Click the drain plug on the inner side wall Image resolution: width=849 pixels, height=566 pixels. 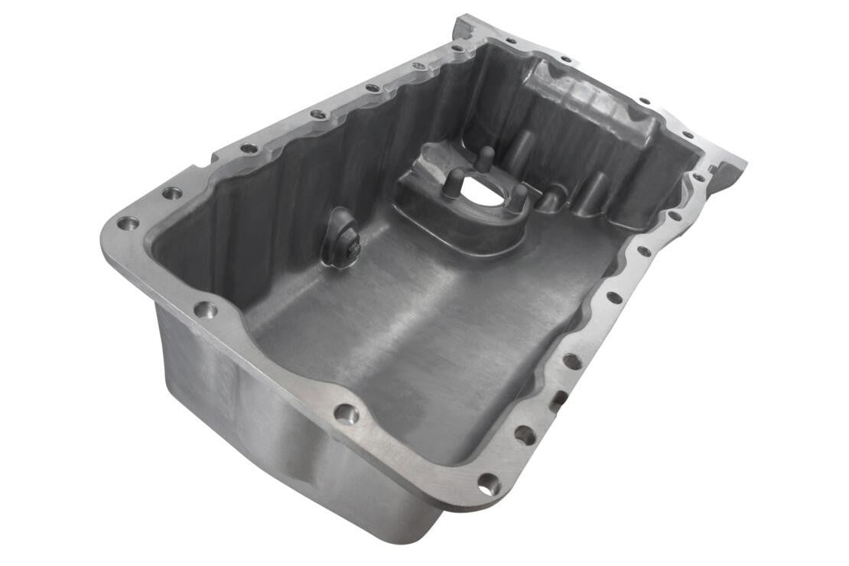click(x=342, y=239)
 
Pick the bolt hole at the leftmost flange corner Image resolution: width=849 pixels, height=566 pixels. click(x=128, y=224)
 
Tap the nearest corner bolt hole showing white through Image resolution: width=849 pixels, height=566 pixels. click(x=488, y=483)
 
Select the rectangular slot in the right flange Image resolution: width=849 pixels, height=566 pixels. click(x=558, y=398)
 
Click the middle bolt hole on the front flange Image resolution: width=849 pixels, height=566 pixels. click(x=346, y=414)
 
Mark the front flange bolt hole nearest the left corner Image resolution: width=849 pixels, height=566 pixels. click(x=205, y=310)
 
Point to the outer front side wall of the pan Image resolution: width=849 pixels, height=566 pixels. click(x=252, y=428)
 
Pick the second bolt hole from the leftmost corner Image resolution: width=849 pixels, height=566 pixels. click(x=172, y=193)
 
